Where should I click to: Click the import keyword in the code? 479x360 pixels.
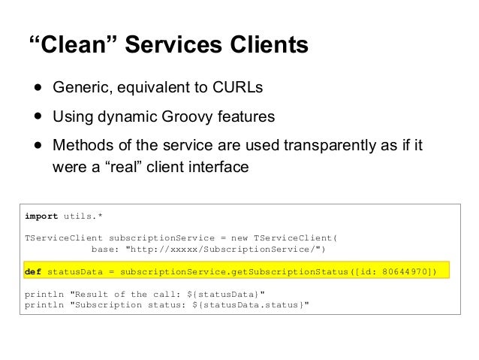[41, 216]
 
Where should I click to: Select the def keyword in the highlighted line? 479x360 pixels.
[33, 271]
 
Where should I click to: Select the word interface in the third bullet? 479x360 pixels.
[218, 166]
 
